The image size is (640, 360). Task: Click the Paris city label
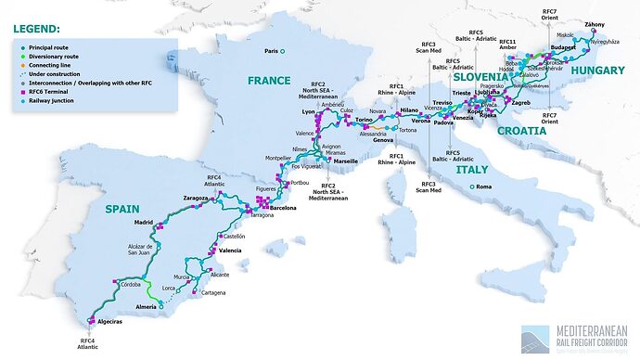[273, 51]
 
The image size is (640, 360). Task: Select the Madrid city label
[143, 223]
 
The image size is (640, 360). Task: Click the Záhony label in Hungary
[595, 23]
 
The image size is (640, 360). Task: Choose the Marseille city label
[345, 161]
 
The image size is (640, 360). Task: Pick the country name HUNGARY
[597, 71]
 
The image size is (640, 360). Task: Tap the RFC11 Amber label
[507, 45]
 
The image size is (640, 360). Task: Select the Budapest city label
[563, 46]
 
